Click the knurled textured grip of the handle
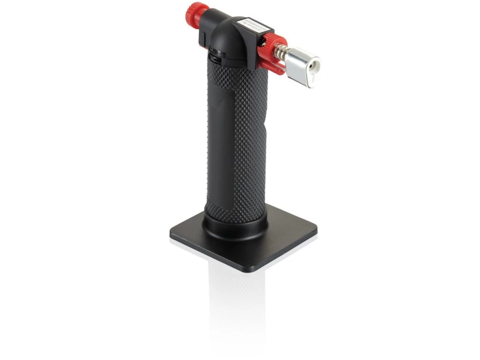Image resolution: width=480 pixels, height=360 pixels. (x=248, y=141)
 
